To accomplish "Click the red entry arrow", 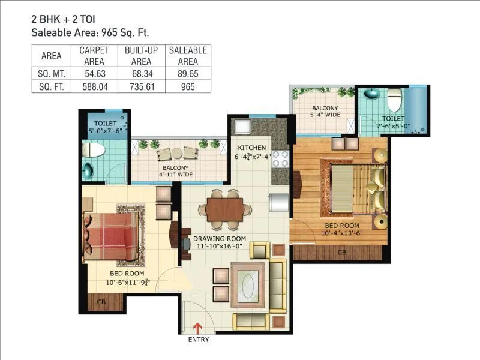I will pyautogui.click(x=199, y=328).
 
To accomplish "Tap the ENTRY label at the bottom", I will pyautogui.click(x=199, y=340).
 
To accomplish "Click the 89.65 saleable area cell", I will pyautogui.click(x=188, y=73).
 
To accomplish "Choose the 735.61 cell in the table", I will pyautogui.click(x=141, y=86).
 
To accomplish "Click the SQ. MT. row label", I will pyautogui.click(x=51, y=73).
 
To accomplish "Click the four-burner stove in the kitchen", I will pyautogui.click(x=280, y=158).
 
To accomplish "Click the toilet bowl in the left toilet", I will pyautogui.click(x=94, y=149).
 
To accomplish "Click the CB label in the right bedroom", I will pyautogui.click(x=342, y=252).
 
